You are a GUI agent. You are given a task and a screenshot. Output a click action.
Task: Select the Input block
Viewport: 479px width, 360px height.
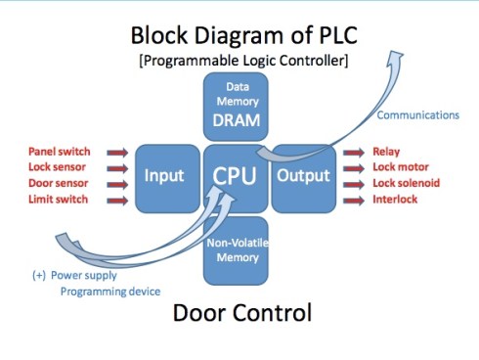point(165,177)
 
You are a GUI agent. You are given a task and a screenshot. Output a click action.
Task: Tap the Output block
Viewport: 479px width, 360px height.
point(303,177)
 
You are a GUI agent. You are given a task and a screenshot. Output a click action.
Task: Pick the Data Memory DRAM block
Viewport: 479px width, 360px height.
point(236,107)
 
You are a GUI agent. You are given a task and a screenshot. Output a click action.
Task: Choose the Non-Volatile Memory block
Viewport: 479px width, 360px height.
point(236,248)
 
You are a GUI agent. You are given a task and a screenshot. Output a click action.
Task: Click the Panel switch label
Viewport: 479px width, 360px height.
point(60,153)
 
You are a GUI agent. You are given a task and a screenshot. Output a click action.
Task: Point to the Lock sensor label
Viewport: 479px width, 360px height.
point(61,168)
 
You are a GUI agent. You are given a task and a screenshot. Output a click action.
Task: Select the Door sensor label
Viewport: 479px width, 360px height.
point(60,184)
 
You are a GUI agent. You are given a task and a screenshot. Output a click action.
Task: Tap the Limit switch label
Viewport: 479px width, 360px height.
point(60,200)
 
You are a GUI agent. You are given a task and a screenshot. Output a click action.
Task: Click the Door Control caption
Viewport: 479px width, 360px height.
point(241,315)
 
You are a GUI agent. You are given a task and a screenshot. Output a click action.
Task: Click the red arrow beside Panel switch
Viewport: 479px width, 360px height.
point(117,153)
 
